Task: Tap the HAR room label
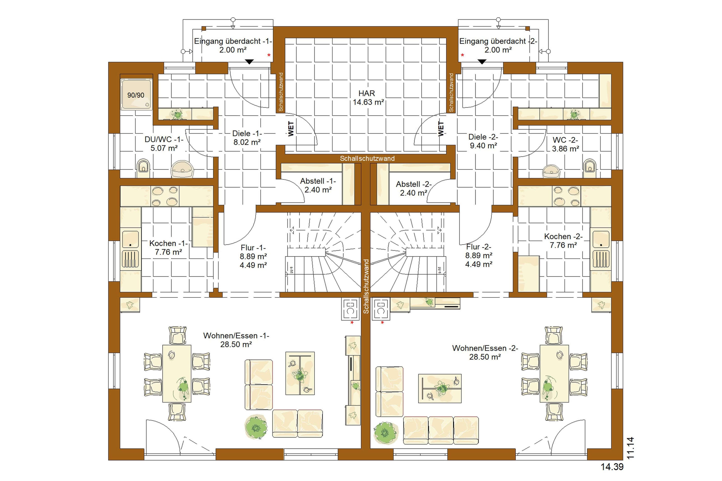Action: (x=367, y=93)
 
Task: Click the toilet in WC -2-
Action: (x=589, y=168)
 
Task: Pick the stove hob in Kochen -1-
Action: (x=165, y=196)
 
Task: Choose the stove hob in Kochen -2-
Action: (x=566, y=196)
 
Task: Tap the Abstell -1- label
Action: (x=318, y=181)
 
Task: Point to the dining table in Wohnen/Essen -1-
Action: (x=177, y=373)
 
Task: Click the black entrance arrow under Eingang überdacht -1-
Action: (x=250, y=62)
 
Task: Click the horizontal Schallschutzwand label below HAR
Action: (x=367, y=159)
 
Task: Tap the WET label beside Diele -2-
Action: (x=441, y=129)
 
